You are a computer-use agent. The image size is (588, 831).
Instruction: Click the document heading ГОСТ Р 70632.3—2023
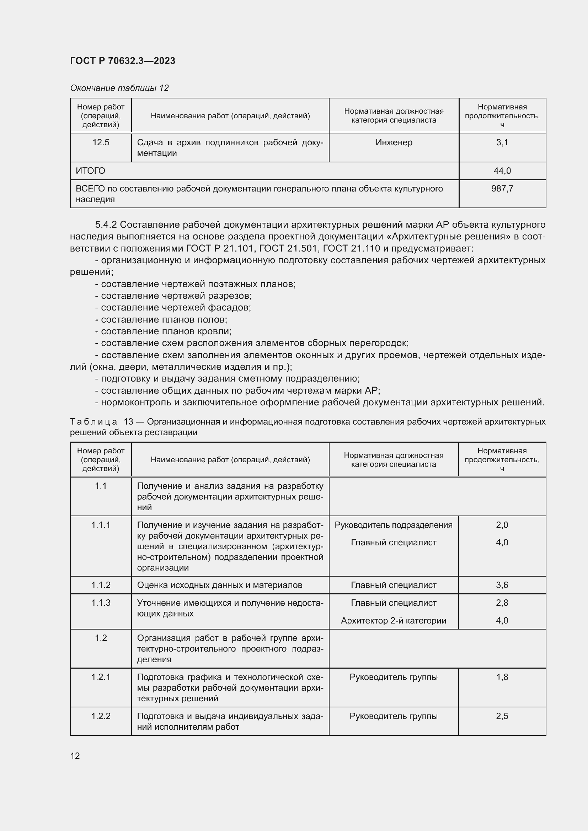tap(122, 61)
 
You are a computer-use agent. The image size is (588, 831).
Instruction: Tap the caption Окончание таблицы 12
tap(119, 88)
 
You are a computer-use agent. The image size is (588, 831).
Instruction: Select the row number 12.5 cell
tap(101, 142)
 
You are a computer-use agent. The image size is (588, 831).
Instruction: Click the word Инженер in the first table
tap(394, 142)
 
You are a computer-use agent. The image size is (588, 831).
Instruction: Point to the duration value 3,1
tap(502, 142)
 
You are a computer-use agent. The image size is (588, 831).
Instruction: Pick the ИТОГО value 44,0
tap(502, 171)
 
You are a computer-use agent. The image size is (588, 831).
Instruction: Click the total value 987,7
tap(502, 189)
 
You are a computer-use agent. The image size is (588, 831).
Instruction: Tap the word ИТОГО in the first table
tap(90, 171)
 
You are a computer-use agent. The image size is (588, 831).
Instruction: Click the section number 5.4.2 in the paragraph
tap(106, 225)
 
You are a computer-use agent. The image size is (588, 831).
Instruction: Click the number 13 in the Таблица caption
tap(129, 422)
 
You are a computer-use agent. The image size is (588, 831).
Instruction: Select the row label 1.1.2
tap(101, 585)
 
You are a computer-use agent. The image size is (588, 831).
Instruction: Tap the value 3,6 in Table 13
tap(502, 585)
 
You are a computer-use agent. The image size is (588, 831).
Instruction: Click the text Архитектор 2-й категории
tap(394, 621)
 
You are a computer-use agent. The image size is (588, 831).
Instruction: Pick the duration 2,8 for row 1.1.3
tap(502, 603)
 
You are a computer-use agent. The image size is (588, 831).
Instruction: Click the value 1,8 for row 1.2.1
tap(502, 677)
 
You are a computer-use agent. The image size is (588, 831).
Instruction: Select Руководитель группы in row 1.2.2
tap(394, 716)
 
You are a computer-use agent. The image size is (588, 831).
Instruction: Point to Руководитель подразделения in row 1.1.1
tap(394, 525)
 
